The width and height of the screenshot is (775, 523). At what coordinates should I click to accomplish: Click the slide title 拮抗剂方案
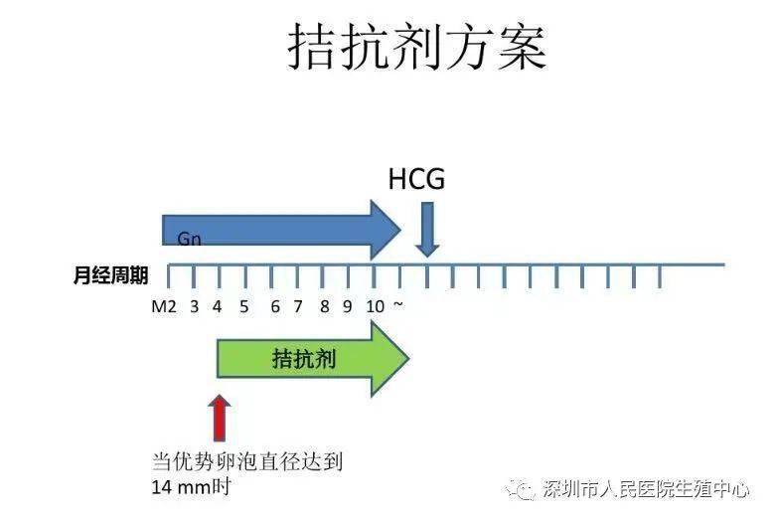click(x=417, y=47)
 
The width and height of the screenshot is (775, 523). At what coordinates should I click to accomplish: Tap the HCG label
click(x=416, y=179)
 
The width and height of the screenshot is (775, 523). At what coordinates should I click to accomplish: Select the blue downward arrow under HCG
click(x=427, y=230)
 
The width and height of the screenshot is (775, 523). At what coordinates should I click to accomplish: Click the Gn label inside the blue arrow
click(x=190, y=239)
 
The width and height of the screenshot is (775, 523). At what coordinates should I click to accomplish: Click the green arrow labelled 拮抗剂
click(x=313, y=359)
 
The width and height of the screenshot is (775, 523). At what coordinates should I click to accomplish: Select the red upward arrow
click(x=219, y=419)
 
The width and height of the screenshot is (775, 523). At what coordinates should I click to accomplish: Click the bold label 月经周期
click(x=110, y=275)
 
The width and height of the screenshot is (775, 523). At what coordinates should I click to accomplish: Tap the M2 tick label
click(x=164, y=307)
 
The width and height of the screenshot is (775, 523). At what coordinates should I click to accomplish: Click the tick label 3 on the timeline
click(x=194, y=307)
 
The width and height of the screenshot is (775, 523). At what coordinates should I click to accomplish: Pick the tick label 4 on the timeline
click(x=217, y=307)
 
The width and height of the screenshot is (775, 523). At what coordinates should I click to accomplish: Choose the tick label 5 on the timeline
click(x=243, y=307)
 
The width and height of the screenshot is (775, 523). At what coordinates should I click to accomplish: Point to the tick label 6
click(x=275, y=307)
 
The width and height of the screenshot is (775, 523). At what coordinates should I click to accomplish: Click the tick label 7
click(x=297, y=307)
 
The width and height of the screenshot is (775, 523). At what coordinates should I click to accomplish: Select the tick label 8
click(x=324, y=307)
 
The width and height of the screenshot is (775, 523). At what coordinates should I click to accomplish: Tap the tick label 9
click(x=348, y=307)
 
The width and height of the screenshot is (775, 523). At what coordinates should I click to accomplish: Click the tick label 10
click(x=376, y=307)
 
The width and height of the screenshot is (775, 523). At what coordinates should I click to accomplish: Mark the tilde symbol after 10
click(x=398, y=305)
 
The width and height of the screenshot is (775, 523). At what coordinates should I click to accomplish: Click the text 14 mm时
click(x=191, y=487)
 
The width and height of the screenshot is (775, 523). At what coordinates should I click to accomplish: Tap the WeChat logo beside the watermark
click(x=521, y=490)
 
